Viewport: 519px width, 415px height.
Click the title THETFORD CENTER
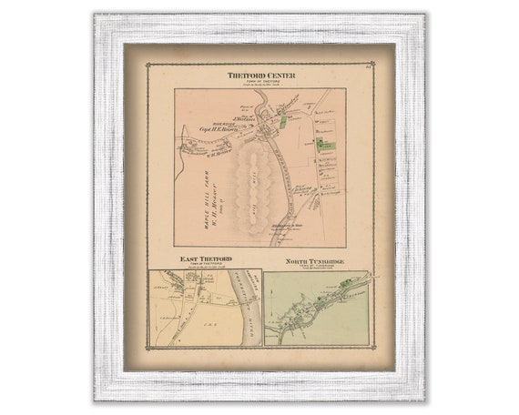(260, 75)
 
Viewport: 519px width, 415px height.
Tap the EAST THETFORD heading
(205, 260)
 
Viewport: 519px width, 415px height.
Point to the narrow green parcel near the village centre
(283, 121)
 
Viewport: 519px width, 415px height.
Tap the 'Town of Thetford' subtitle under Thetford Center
(260, 81)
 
